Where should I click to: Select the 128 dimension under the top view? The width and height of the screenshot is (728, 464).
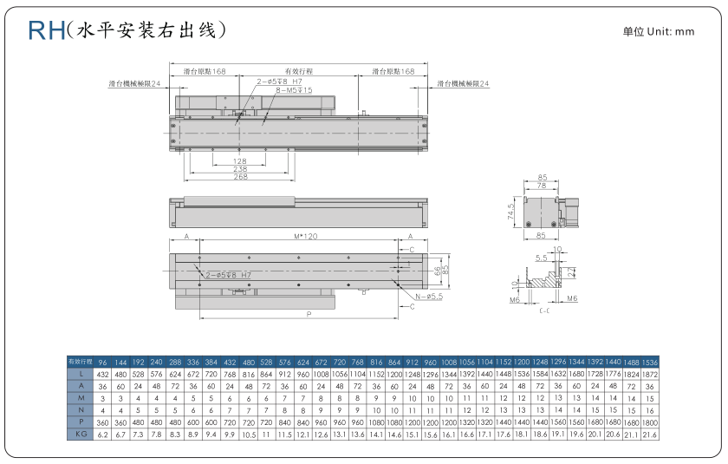239,161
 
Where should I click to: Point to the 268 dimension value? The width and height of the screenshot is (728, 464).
239,177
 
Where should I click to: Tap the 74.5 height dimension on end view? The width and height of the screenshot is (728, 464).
511,212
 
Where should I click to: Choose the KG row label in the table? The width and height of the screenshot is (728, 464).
81,433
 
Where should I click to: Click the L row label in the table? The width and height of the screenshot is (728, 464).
81,374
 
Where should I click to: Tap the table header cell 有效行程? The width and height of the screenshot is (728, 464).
81,360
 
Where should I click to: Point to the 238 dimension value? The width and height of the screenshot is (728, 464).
239,169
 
